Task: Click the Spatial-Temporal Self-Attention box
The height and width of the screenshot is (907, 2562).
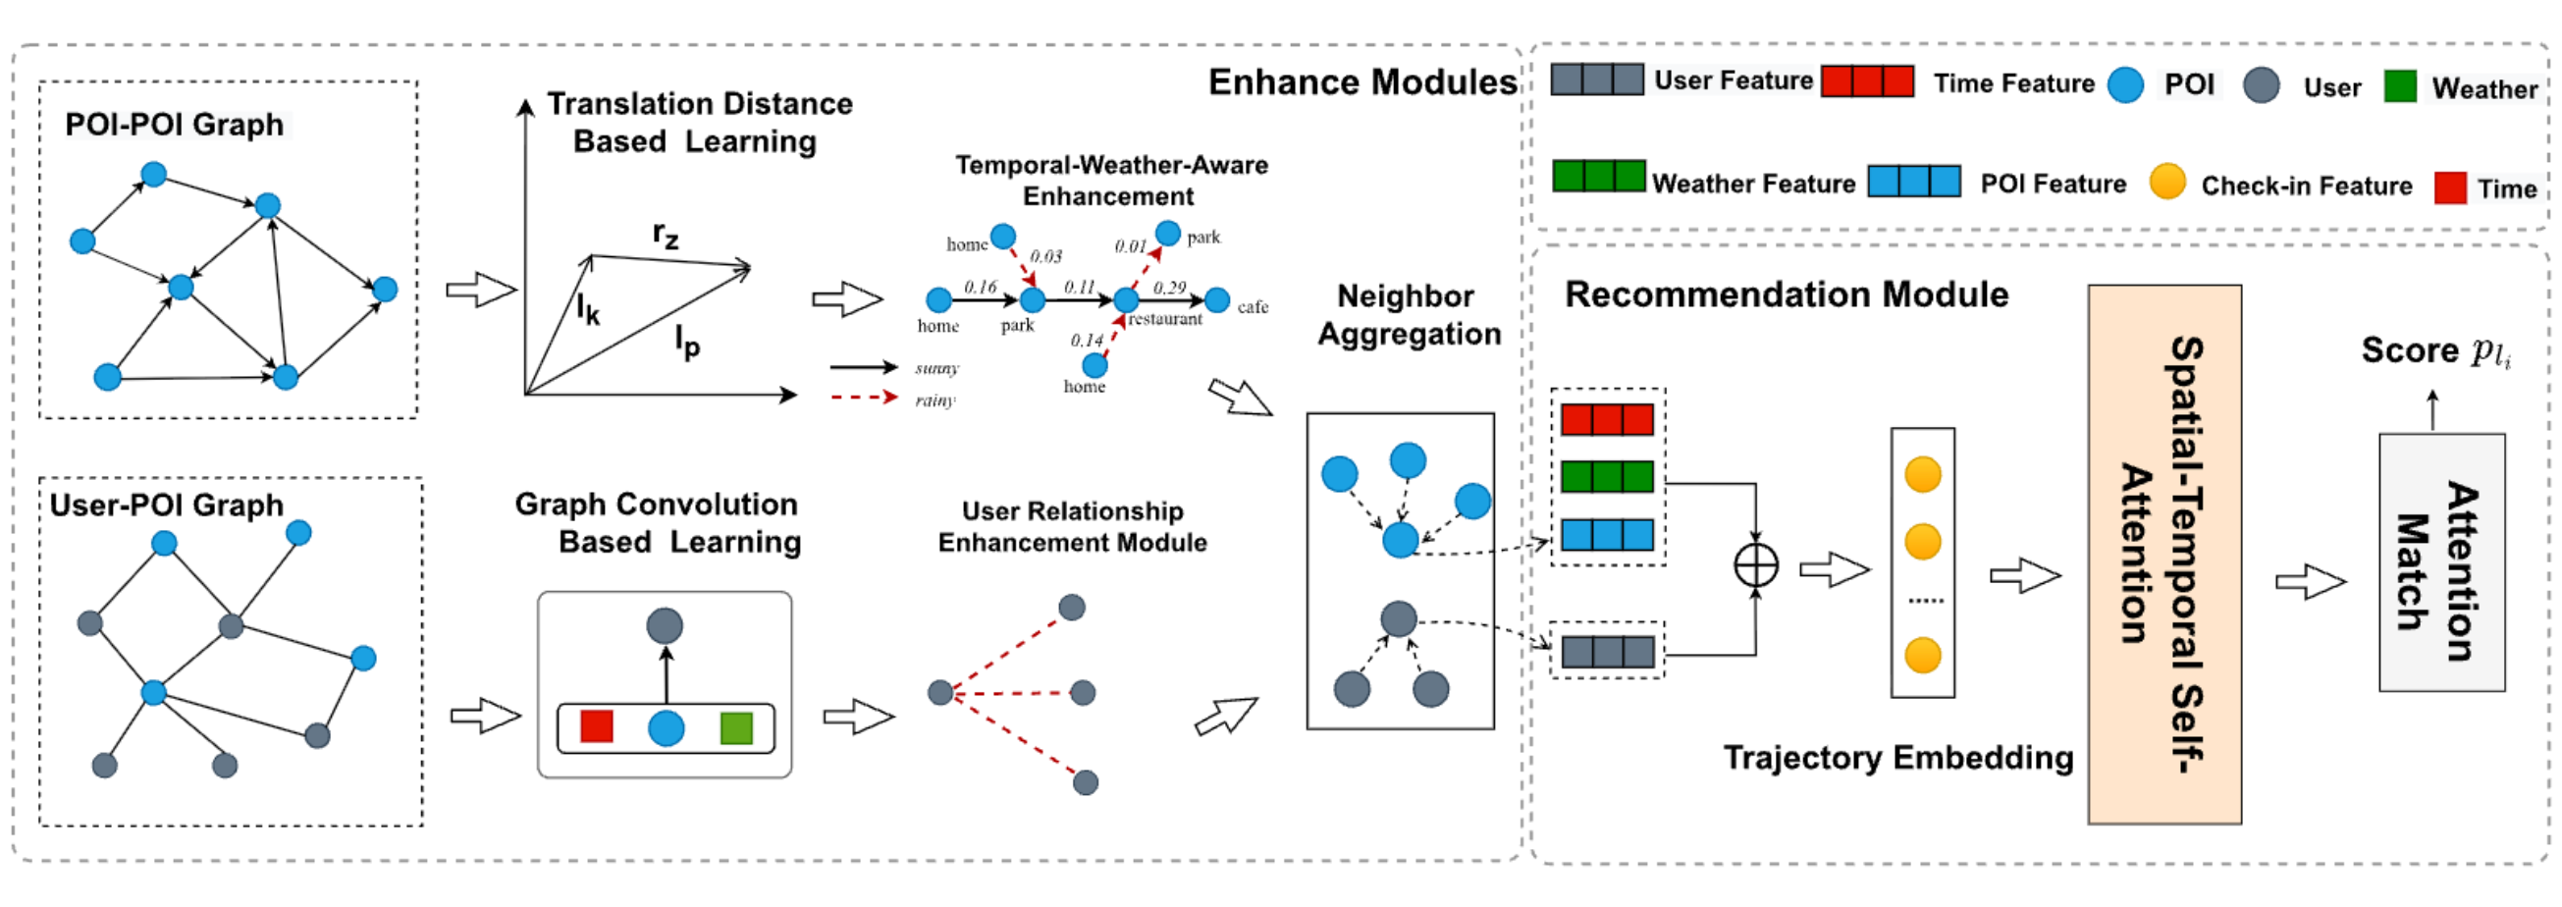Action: pyautogui.click(x=2164, y=554)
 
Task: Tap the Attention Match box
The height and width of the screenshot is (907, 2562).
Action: pyautogui.click(x=2440, y=562)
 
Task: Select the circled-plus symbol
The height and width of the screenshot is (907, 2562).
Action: pyautogui.click(x=1755, y=565)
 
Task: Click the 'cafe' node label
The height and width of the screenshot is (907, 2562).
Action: pyautogui.click(x=1253, y=307)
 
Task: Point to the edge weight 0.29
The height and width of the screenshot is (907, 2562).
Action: pyautogui.click(x=1170, y=288)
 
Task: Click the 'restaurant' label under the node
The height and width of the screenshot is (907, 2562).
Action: pyautogui.click(x=1164, y=319)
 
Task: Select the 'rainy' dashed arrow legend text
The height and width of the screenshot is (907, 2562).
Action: pyautogui.click(x=934, y=400)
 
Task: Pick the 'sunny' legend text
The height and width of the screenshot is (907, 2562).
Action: pyautogui.click(x=936, y=368)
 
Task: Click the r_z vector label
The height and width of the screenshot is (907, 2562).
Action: pyautogui.click(x=666, y=236)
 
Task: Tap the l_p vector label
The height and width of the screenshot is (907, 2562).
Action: pyautogui.click(x=687, y=342)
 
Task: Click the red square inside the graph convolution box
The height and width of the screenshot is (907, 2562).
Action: pyautogui.click(x=596, y=726)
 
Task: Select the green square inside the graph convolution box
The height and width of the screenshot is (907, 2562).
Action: pyautogui.click(x=736, y=728)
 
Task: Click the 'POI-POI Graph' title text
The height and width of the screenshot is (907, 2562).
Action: pyautogui.click(x=174, y=125)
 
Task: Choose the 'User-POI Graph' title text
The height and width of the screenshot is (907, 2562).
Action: pyautogui.click(x=166, y=506)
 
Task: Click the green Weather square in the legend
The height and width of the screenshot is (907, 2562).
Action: pyautogui.click(x=2399, y=87)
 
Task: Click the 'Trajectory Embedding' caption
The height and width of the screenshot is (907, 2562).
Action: pyautogui.click(x=1897, y=758)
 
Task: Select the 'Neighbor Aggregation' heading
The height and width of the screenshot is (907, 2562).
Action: pyautogui.click(x=1408, y=314)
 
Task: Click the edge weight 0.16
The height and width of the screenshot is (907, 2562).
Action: pyautogui.click(x=980, y=287)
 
